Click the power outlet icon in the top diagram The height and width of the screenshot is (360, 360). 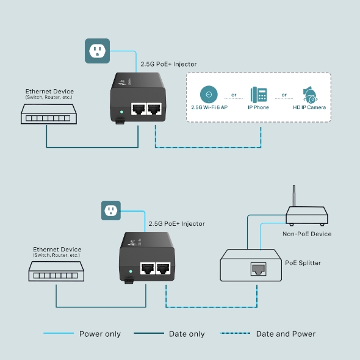pos(96,51)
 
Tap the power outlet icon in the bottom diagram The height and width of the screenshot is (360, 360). pos(111,211)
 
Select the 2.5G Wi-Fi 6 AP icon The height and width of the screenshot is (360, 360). pos(209,95)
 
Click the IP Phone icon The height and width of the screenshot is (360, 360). pos(259,95)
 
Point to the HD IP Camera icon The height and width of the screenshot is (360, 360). pos(309,95)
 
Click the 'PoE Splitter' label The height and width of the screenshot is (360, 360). pos(303,263)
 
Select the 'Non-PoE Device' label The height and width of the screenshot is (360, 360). pos(306,234)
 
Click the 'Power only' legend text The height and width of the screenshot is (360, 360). pos(100,334)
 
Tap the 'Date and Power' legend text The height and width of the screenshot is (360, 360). pos(286,334)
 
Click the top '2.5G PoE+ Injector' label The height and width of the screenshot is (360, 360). pos(168,63)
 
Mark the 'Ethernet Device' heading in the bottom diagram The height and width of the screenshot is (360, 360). pos(57,250)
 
